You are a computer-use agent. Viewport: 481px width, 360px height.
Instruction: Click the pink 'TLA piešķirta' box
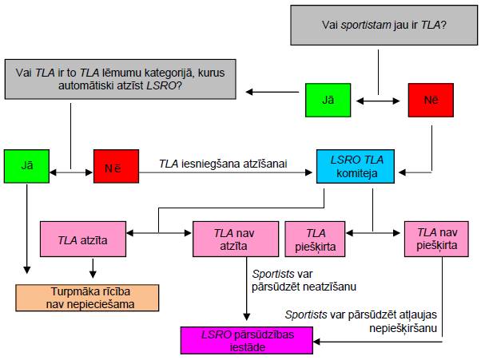[315, 239]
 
